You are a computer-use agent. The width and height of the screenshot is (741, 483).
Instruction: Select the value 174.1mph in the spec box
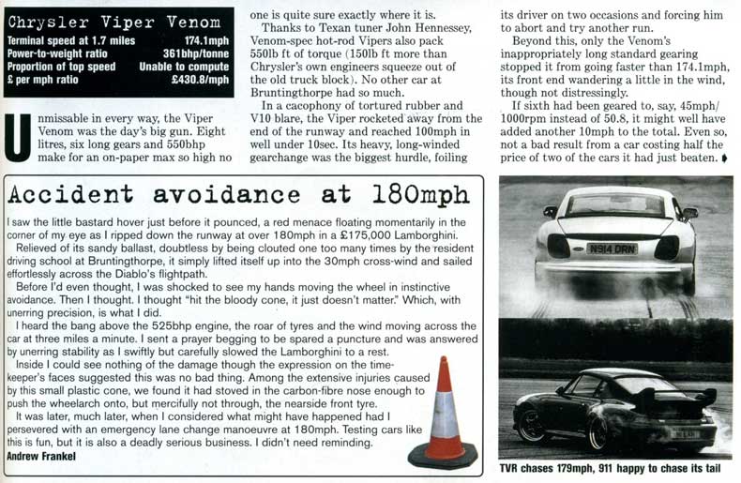click(x=206, y=42)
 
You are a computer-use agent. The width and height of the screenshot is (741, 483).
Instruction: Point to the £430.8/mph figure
click(x=200, y=81)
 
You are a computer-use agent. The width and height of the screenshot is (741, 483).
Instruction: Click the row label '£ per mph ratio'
click(x=46, y=81)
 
